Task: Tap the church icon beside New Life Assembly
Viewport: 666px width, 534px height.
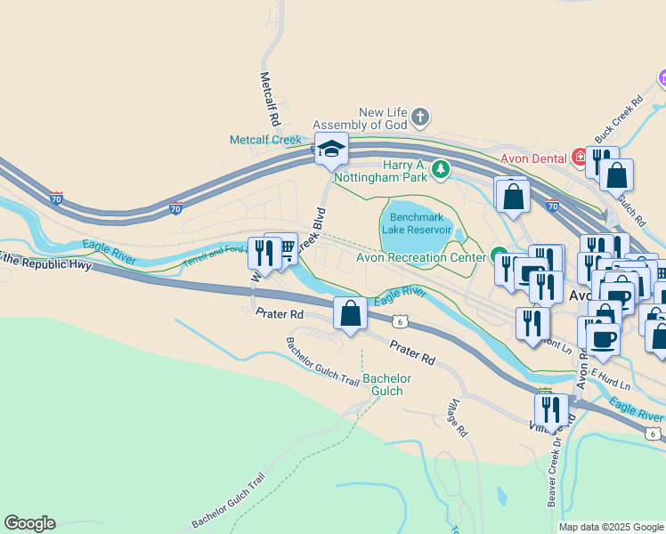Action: (420, 117)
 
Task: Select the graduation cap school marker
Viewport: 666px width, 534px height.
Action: (331, 149)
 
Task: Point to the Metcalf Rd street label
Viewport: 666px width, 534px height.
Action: (271, 98)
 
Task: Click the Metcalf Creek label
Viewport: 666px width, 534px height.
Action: (266, 140)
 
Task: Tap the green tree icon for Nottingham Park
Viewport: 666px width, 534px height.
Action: (439, 168)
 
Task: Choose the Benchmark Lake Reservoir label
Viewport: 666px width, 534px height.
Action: (417, 223)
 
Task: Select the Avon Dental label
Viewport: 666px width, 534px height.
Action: (533, 159)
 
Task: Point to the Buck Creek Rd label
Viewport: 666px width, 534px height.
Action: (618, 120)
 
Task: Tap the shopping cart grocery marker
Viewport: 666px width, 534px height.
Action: (282, 250)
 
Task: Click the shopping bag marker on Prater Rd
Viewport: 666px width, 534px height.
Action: (350, 313)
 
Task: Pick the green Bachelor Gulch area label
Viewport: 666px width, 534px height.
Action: (387, 384)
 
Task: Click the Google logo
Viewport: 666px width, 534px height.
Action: (29, 523)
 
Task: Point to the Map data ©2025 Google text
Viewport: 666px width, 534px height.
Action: (610, 527)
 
